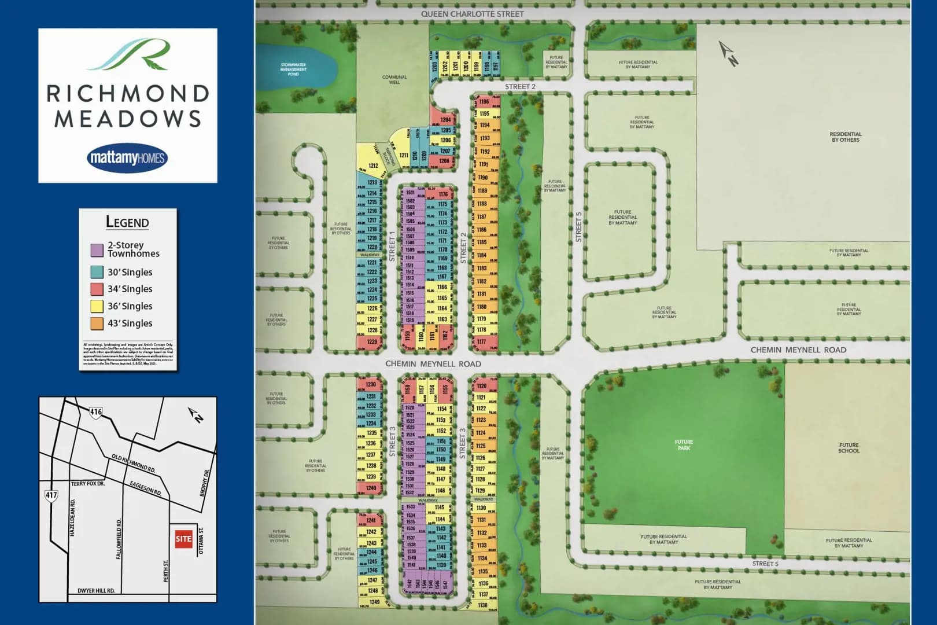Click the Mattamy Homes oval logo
point(128,158)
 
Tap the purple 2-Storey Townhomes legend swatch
point(97,250)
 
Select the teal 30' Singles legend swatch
point(97,272)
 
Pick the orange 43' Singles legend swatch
point(97,323)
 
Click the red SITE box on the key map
point(183,539)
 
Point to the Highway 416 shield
point(95,412)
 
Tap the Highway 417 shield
point(51,495)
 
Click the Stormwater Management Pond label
point(293,69)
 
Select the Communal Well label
point(394,79)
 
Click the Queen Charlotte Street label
point(472,14)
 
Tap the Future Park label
point(684,445)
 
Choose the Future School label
point(849,448)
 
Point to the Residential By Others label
point(845,137)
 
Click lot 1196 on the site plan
point(485,102)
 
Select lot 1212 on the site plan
point(373,166)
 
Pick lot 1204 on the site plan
point(445,120)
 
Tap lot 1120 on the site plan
point(482,386)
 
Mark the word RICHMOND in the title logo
point(128,94)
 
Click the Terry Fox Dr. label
point(88,484)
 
